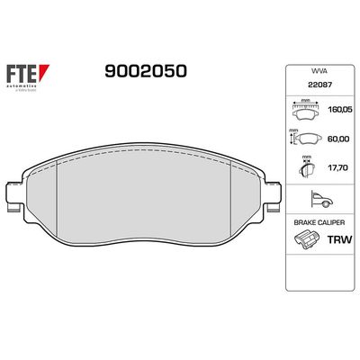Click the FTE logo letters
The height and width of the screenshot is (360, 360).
coord(24,71)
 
